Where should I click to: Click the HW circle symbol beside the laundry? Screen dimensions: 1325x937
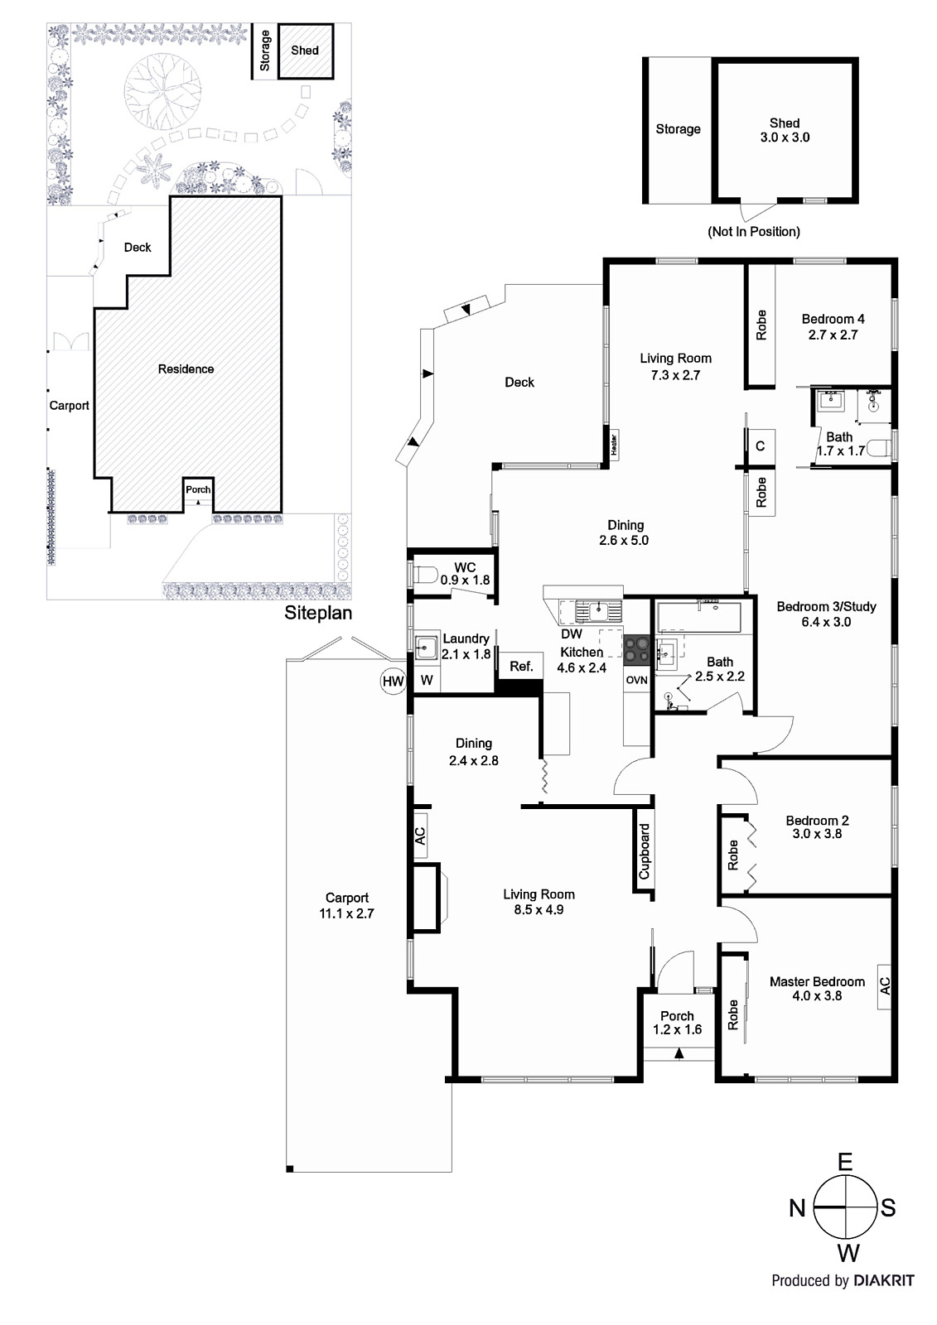coord(393,682)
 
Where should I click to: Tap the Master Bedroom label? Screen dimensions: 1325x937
coord(816,981)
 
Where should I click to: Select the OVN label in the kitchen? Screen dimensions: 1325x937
coord(636,680)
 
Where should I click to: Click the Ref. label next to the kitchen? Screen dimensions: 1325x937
coord(521,667)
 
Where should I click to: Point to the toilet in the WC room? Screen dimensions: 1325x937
coord(424,574)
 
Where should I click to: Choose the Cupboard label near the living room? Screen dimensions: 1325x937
coord(645,851)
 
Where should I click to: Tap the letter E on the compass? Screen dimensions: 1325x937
coord(844,1162)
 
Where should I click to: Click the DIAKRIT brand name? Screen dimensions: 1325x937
coord(883,1281)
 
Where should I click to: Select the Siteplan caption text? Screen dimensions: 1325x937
coord(318,614)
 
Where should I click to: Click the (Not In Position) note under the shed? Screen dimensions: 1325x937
coord(753,232)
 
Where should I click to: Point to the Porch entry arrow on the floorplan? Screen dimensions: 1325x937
coord(679,1053)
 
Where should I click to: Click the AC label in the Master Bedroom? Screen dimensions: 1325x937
coord(884,985)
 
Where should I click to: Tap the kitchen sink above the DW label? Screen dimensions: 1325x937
coord(598,612)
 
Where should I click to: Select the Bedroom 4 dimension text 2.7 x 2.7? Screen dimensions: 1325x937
coord(833,335)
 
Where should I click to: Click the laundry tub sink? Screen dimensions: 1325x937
coord(427,647)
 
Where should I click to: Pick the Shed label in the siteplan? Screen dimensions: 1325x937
coord(304,51)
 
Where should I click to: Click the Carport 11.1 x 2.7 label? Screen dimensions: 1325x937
coord(346,905)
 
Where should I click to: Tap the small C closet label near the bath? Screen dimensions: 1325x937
coord(760,446)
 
